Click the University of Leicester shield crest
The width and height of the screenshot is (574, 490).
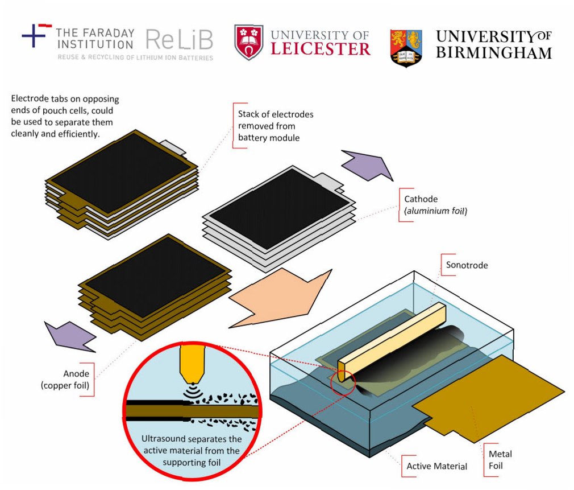[249, 43]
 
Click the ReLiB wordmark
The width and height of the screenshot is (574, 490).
[179, 40]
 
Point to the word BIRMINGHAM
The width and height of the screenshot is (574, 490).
[493, 52]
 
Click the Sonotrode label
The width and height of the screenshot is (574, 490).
[467, 265]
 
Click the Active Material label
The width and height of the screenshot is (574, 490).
[436, 466]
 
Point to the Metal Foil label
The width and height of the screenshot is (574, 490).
[500, 459]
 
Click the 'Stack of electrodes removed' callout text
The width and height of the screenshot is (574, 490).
[275, 126]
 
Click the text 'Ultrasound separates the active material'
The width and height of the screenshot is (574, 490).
[191, 445]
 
